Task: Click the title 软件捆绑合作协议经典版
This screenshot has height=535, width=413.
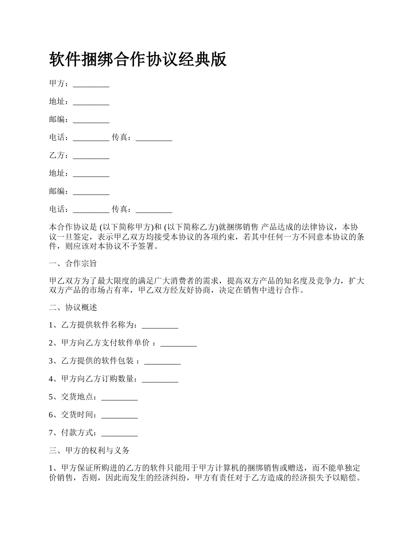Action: pos(138,60)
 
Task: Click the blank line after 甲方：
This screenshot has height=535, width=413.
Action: pos(91,84)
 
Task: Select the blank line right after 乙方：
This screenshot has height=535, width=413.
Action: pos(91,156)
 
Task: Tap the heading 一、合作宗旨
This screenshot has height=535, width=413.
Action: pos(73,263)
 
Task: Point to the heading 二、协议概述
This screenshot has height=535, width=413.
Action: pos(73,308)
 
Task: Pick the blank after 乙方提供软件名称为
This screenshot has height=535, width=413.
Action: pos(160,325)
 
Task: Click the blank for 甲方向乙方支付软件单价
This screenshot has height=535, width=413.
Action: pos(179,343)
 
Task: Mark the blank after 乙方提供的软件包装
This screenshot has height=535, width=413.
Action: pos(162,361)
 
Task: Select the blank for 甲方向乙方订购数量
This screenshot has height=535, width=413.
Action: pos(160,379)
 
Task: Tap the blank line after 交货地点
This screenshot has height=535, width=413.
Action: pos(119,397)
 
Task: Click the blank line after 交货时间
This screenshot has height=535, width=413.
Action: pos(119,415)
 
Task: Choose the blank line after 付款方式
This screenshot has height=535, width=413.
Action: pos(119,433)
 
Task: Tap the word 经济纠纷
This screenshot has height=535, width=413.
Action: pos(172,477)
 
